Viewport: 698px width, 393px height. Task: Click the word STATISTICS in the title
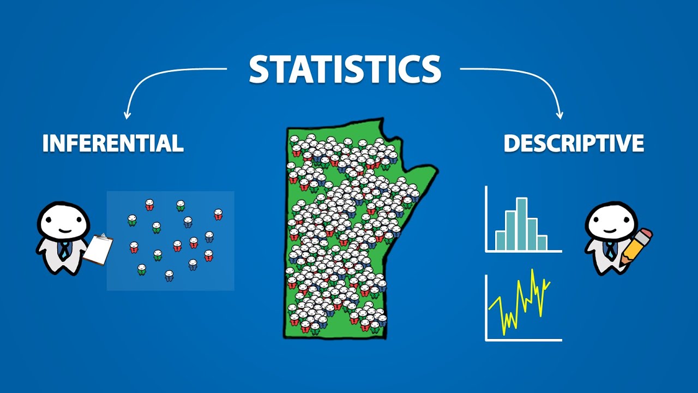coord(345,69)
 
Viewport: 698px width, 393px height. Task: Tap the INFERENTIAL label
coord(113,143)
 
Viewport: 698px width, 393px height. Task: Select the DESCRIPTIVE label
coord(574,143)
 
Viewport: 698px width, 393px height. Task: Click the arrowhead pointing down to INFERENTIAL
coord(128,115)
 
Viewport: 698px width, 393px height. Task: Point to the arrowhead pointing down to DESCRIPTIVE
coord(559,115)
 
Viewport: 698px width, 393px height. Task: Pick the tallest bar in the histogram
coord(522,224)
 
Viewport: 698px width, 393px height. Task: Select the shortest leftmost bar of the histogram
coord(500,240)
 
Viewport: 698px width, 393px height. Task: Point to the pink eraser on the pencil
coord(645,235)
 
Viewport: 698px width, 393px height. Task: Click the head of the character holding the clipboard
coord(63,221)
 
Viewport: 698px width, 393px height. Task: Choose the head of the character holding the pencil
coord(611,221)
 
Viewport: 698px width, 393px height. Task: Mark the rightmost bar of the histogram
coord(541,243)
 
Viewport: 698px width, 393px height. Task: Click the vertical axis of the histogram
coord(486,218)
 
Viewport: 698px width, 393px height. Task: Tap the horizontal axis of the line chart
coord(523,340)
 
